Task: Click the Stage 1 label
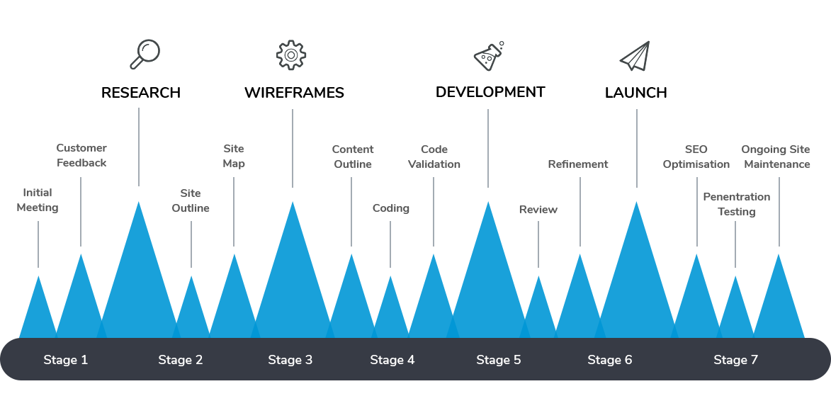click(x=66, y=360)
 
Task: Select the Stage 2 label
click(x=181, y=360)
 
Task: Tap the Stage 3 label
click(x=290, y=360)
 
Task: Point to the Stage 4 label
click(x=392, y=360)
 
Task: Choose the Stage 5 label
click(x=499, y=360)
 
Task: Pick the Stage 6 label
click(x=610, y=360)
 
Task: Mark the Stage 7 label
click(x=736, y=360)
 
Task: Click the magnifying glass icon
click(x=145, y=55)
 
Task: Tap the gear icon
click(x=291, y=55)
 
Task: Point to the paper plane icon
click(x=635, y=56)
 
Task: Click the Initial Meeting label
click(x=38, y=200)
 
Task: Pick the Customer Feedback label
click(x=81, y=156)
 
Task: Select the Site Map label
click(x=234, y=157)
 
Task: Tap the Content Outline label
click(x=353, y=157)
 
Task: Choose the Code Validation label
click(x=434, y=157)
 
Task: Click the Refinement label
click(x=578, y=164)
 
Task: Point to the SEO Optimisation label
click(x=696, y=157)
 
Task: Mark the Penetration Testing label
click(x=737, y=204)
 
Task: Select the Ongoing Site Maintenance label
click(x=776, y=157)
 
